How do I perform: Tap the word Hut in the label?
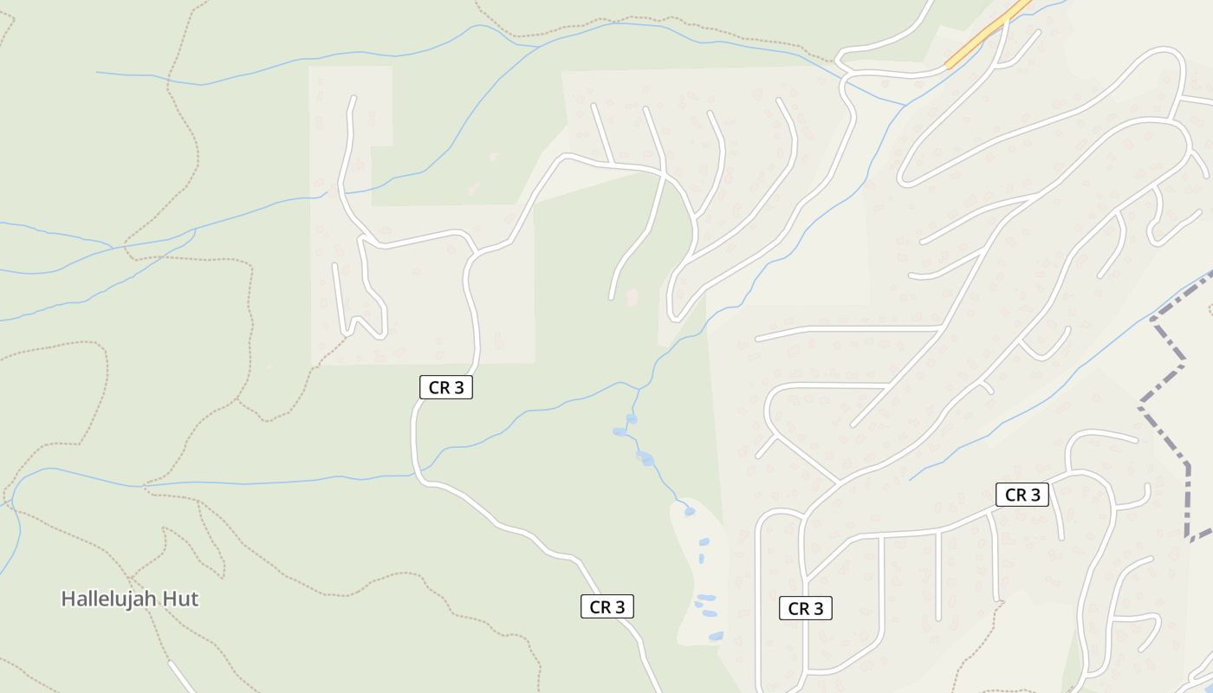point(182,599)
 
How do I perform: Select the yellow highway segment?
point(988,34)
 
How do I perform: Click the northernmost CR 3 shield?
point(446,387)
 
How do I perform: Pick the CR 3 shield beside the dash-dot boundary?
point(1022,495)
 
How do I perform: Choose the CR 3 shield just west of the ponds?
point(606,606)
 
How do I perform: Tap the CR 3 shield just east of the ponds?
point(805,608)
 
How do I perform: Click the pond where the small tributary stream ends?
point(689,511)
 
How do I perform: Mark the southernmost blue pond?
point(716,637)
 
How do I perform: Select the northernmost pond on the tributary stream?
point(632,419)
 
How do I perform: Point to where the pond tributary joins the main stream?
point(641,387)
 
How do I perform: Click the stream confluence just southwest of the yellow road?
point(905,106)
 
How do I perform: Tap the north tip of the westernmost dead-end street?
point(353,98)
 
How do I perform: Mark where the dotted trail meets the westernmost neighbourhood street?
point(347,334)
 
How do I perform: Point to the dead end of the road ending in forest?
point(612,298)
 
